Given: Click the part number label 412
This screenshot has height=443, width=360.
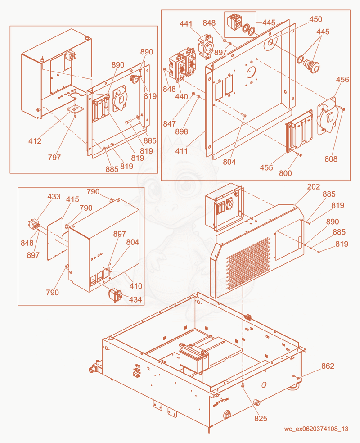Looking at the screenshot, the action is tap(35, 141).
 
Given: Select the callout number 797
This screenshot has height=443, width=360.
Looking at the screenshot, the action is tap(54, 157).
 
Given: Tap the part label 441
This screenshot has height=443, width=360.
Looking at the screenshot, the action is tap(186, 24).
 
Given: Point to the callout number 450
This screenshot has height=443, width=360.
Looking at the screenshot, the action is tap(315, 19).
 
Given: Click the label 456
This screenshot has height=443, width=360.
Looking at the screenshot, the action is tap(342, 80).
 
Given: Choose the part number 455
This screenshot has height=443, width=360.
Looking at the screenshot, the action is tap(266, 167).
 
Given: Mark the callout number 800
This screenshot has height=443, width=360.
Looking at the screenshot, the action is tap(285, 173).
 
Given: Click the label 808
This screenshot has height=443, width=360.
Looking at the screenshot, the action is tap(331, 159).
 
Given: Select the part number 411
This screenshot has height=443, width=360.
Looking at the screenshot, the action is tap(181, 151).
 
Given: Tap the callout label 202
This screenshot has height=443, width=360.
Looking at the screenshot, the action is tap(313, 186).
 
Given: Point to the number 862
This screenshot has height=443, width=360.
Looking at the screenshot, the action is tap(328, 366).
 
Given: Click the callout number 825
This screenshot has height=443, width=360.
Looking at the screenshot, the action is tap(261, 418).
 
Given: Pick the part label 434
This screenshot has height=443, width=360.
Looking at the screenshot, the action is tap(135, 299).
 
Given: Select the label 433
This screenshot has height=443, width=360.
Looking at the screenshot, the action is tap(54, 196).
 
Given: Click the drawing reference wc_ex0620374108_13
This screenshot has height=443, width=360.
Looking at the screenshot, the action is tap(316, 429).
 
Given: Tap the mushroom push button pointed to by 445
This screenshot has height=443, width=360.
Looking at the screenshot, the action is tap(312, 66).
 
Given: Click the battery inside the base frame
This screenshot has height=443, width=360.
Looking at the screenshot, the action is tap(194, 357).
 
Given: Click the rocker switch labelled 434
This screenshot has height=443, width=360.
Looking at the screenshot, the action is tap(115, 295).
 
